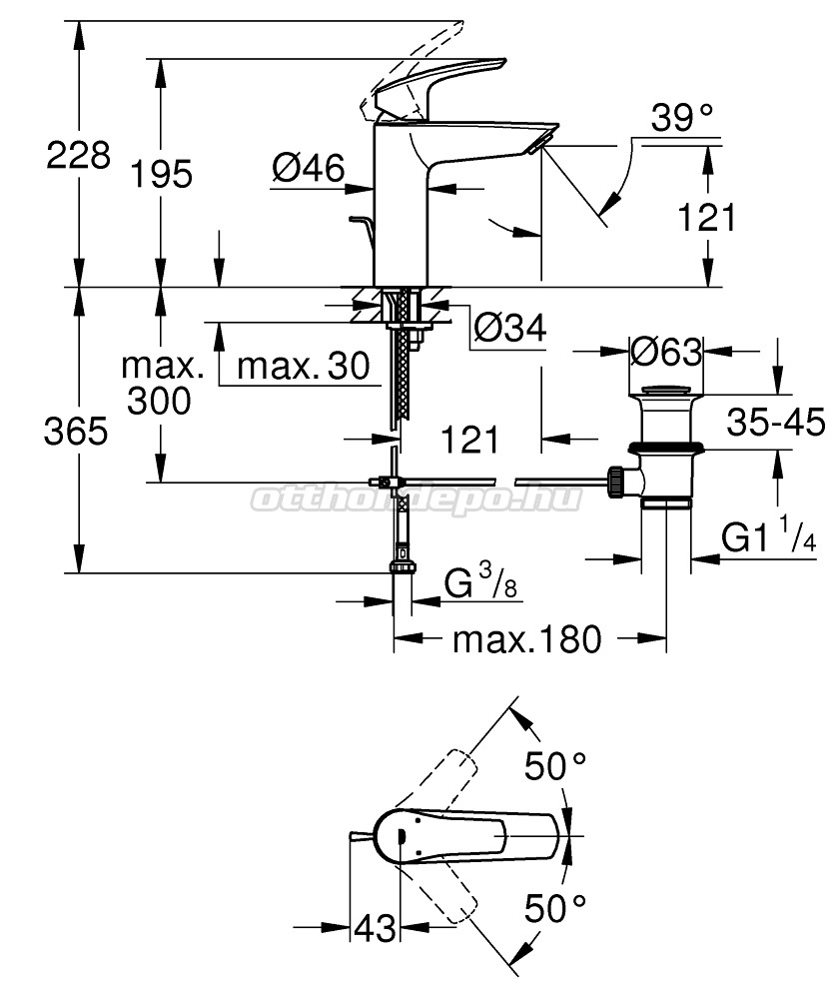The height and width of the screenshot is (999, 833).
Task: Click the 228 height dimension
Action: [x=78, y=155]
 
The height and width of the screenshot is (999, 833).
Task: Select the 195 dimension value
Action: [x=161, y=174]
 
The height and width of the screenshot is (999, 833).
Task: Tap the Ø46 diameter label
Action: [x=309, y=168]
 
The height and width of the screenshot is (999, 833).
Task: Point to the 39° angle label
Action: [x=681, y=118]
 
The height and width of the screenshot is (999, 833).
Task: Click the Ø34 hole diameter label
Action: [x=510, y=329]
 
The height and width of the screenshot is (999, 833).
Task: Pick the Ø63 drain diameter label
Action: [x=666, y=351]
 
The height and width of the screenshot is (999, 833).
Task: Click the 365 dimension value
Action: [x=76, y=432]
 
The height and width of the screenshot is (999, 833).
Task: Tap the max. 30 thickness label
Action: [x=304, y=367]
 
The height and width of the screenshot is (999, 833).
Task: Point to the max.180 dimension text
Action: [x=526, y=639]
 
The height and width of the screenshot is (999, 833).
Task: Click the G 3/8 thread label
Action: [x=480, y=583]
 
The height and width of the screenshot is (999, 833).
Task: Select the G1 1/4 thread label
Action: [x=769, y=537]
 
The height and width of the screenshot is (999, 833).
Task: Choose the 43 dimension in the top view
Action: [x=375, y=928]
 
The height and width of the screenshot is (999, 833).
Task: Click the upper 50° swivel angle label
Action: [x=554, y=766]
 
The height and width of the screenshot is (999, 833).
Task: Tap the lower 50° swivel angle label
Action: [x=554, y=908]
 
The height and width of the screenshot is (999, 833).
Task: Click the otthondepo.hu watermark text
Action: [x=416, y=499]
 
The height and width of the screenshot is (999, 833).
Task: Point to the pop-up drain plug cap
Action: [x=665, y=392]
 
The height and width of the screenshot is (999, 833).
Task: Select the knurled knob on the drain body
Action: [x=616, y=483]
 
